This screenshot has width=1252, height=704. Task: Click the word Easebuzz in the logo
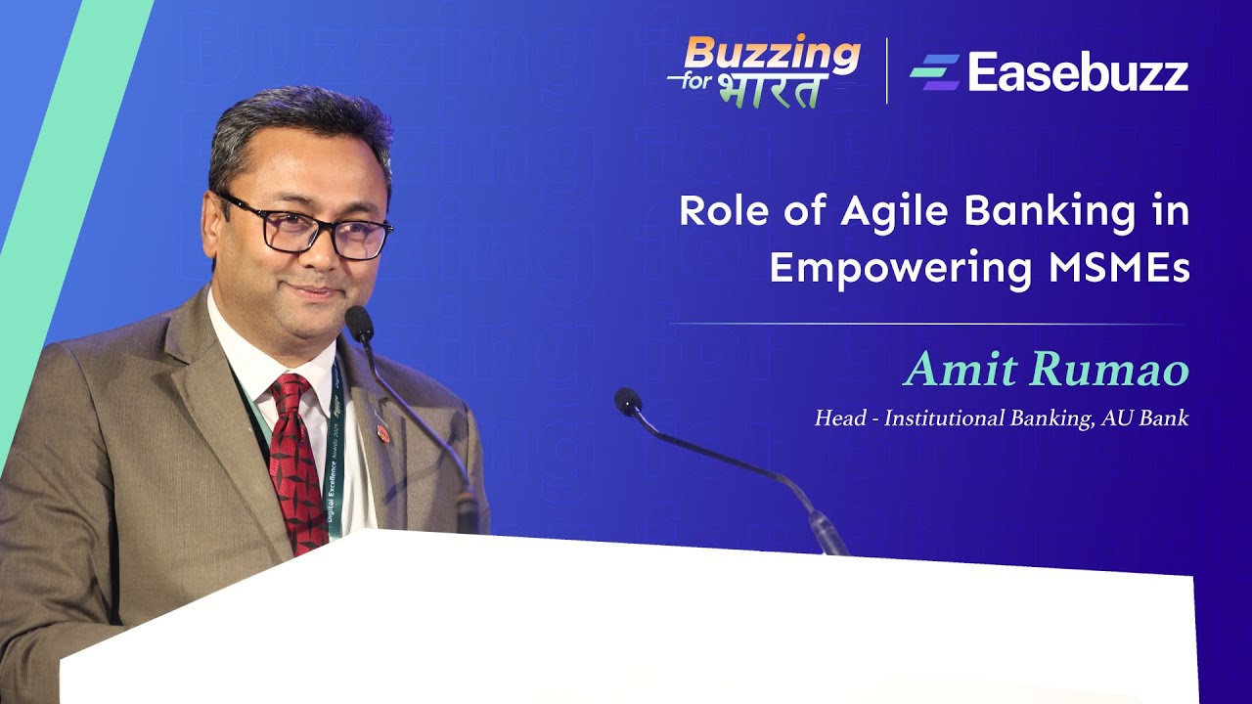coord(1078,73)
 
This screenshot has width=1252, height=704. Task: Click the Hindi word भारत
coord(769,89)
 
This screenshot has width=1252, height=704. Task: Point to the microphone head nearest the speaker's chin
coord(358,323)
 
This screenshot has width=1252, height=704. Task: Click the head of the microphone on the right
coord(627,400)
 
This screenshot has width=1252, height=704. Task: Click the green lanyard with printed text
coord(335,460)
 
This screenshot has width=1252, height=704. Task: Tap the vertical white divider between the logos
coord(887,71)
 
